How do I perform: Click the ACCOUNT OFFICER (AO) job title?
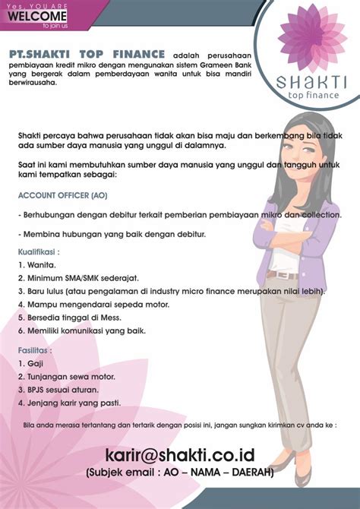(63, 195)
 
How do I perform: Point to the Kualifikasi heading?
(39, 251)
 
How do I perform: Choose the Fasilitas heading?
(36, 351)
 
